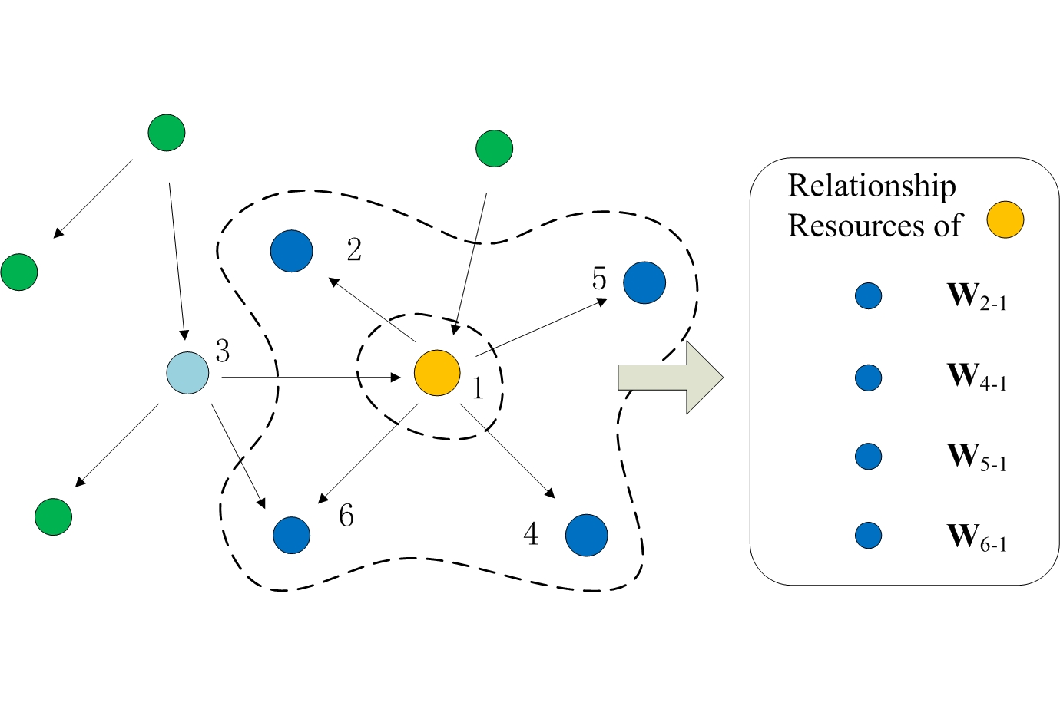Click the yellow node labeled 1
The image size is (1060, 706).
coord(437,373)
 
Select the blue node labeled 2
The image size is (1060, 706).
coord(292,251)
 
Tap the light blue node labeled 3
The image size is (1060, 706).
coord(188,373)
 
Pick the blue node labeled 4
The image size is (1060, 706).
coord(587,535)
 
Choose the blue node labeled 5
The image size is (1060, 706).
coord(644,282)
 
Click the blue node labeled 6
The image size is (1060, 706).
coord(292,535)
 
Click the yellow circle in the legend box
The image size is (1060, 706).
coord(1005,220)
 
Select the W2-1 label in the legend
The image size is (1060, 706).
coord(976,296)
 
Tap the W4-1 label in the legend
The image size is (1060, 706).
coord(976,377)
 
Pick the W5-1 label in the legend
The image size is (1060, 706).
coord(976,457)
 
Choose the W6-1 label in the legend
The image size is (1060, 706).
coord(976,536)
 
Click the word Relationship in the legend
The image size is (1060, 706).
coord(872,186)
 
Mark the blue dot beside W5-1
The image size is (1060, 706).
coord(869,456)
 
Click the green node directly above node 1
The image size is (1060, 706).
coord(494,148)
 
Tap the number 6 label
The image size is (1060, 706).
coord(346,516)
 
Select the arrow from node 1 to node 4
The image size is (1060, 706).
coord(508,452)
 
